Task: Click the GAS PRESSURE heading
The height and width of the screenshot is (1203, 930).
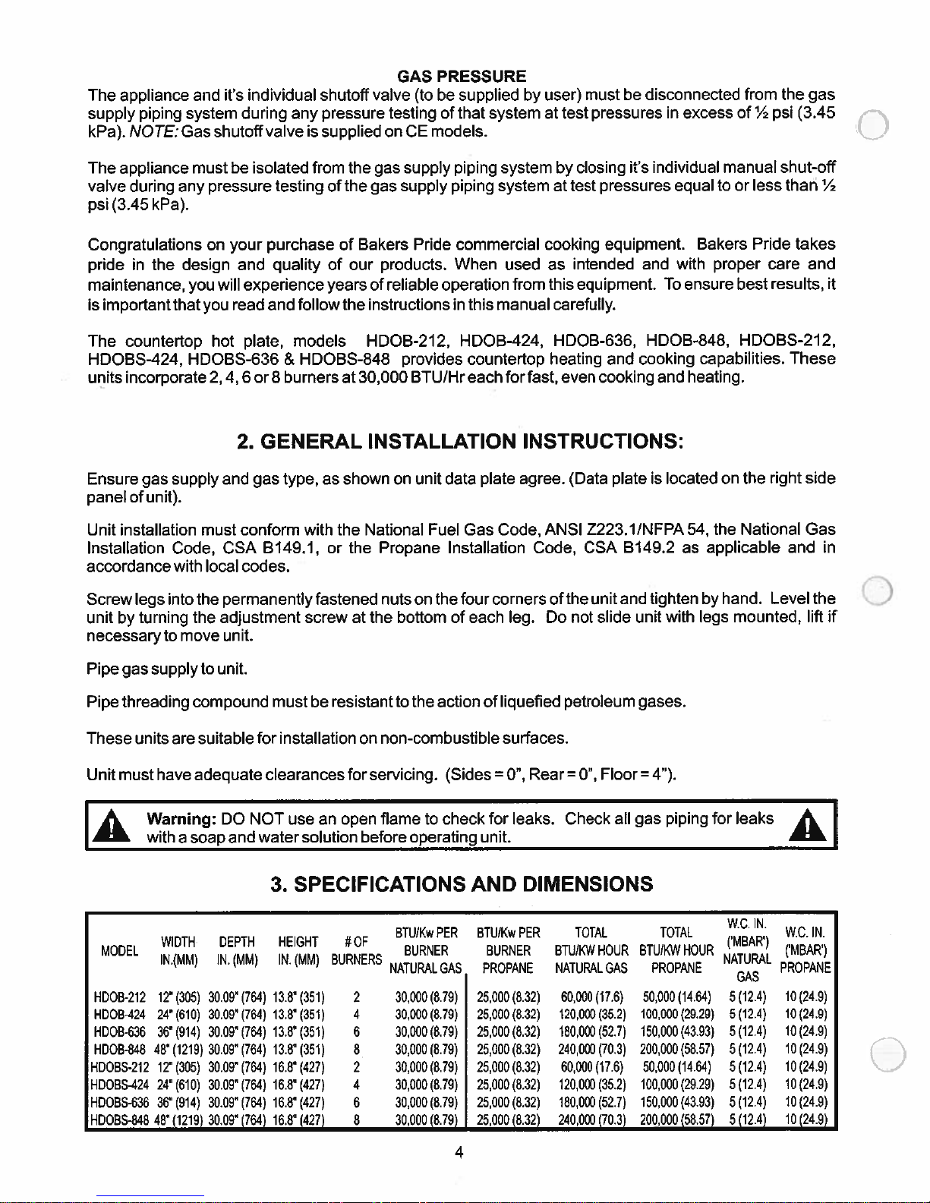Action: click(462, 76)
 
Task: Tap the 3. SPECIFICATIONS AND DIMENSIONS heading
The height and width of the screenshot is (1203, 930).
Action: click(462, 884)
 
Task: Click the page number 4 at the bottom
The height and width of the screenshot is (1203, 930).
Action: click(459, 1153)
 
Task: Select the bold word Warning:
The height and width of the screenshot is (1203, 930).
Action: click(181, 818)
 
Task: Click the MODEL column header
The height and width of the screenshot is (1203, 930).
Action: click(119, 951)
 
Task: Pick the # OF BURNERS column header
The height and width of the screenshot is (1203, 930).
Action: click(356, 951)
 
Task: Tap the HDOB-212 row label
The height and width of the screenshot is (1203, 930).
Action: click(119, 997)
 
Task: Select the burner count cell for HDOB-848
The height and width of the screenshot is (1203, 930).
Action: click(356, 1050)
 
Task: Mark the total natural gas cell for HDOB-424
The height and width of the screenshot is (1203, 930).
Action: click(591, 1014)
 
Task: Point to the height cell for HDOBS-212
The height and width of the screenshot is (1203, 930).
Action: click(298, 1067)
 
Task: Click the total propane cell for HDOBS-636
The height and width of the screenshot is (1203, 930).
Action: click(676, 1102)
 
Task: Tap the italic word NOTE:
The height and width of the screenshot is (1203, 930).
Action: click(147, 131)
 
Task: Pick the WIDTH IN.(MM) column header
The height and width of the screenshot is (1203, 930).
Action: click(178, 951)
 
